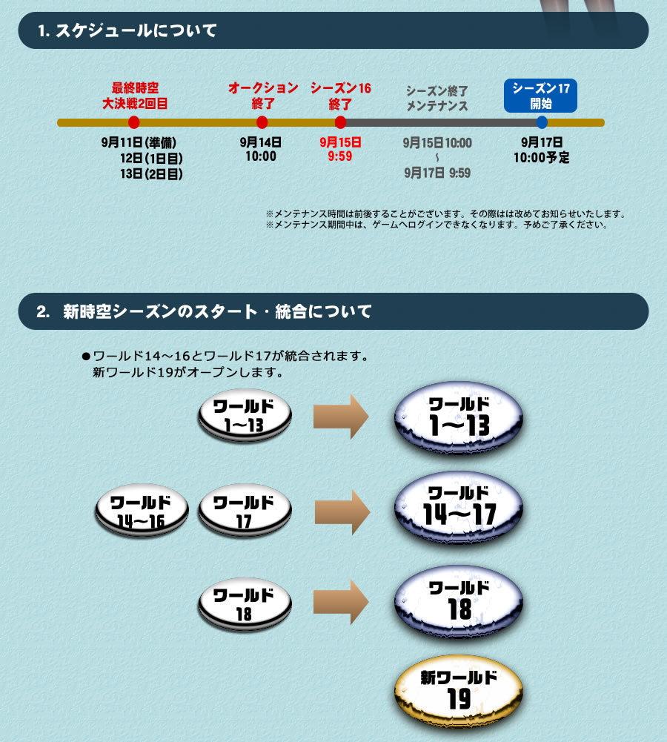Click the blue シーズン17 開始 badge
(x=540, y=96)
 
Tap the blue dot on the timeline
(x=542, y=122)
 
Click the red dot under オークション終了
(x=262, y=122)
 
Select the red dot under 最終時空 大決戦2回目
(x=134, y=122)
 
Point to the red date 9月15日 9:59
(x=340, y=149)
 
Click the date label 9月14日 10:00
(x=261, y=149)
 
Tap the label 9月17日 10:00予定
(x=542, y=150)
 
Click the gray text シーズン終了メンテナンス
(x=437, y=99)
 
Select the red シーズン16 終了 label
(x=341, y=96)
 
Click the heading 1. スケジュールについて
(x=127, y=30)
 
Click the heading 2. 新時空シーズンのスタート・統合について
(x=204, y=311)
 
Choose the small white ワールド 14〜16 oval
(x=142, y=510)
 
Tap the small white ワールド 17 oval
(x=245, y=510)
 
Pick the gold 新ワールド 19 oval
(x=459, y=691)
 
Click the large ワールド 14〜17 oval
(x=459, y=507)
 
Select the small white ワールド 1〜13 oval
(x=245, y=416)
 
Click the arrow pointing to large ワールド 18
(x=341, y=602)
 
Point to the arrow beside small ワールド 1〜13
(x=341, y=417)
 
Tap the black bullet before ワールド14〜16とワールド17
(x=86, y=356)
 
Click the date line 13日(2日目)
(x=151, y=173)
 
